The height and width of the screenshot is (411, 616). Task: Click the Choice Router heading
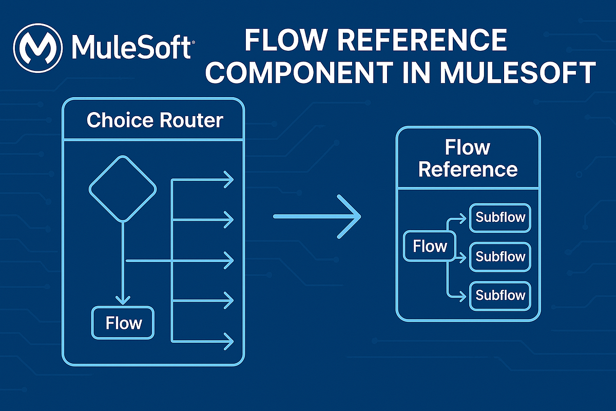(x=155, y=120)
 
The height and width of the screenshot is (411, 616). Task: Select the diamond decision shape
(x=122, y=189)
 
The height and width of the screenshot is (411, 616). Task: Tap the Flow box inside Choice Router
(x=123, y=323)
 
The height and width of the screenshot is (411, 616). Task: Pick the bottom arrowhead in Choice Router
(x=228, y=341)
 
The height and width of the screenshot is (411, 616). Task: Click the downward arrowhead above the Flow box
(x=122, y=298)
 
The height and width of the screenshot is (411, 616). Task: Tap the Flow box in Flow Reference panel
(x=430, y=247)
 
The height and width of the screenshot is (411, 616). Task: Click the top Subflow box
(x=500, y=217)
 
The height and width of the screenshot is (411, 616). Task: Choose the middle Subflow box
(x=500, y=256)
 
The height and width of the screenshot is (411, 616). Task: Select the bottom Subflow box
(x=500, y=295)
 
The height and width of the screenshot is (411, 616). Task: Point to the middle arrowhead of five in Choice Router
(x=228, y=261)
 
